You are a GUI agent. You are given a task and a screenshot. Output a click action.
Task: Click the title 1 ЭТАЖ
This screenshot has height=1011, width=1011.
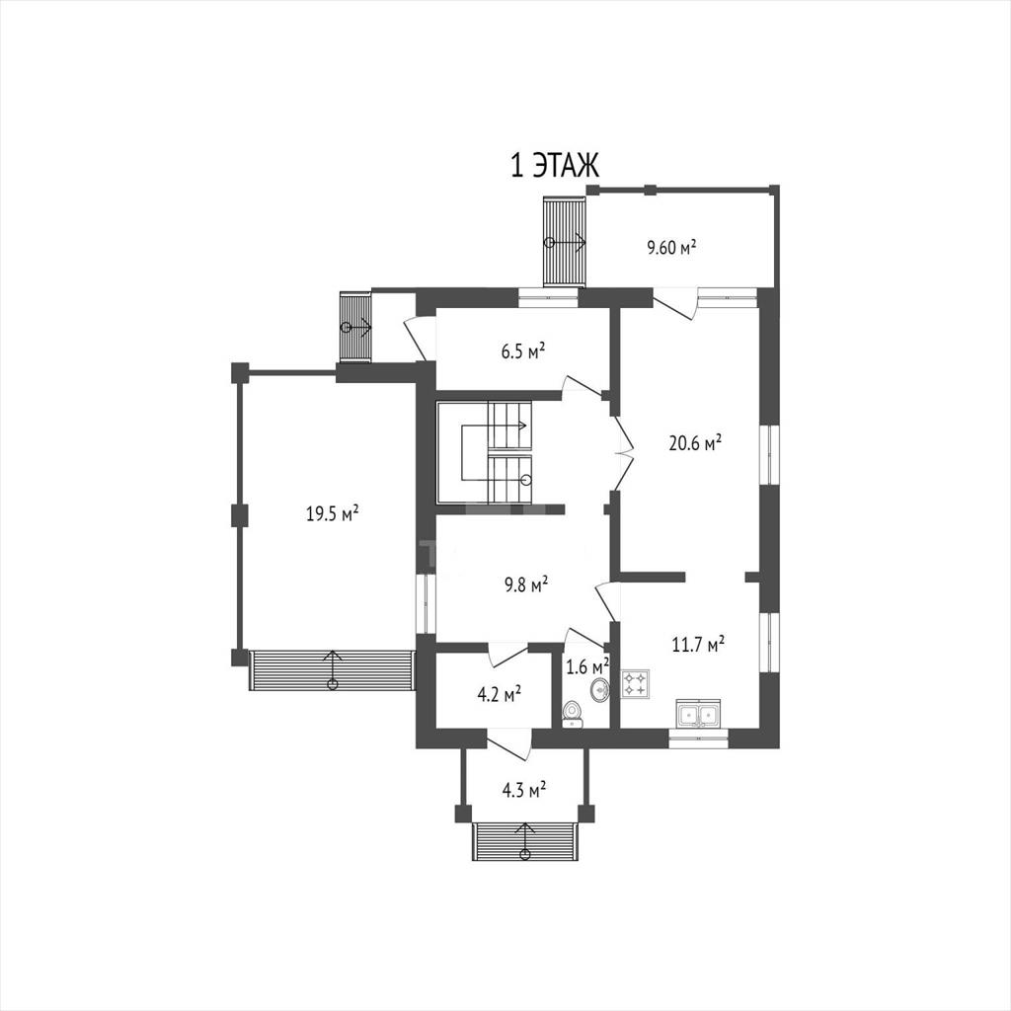pyautogui.click(x=555, y=165)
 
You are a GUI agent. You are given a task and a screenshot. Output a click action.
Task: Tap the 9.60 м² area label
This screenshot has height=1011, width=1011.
pyautogui.click(x=671, y=248)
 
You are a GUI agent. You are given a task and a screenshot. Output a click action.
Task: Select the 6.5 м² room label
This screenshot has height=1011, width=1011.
pyautogui.click(x=523, y=351)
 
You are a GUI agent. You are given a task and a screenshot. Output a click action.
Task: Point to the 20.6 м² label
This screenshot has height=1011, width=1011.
pyautogui.click(x=695, y=443)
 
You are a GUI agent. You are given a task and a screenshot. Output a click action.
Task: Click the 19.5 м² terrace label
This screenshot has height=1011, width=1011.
pyautogui.click(x=332, y=513)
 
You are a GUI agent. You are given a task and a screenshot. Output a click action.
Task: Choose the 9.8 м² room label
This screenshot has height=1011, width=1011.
pyautogui.click(x=525, y=584)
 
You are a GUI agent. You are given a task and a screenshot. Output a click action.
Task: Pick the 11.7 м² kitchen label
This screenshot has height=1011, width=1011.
pyautogui.click(x=698, y=644)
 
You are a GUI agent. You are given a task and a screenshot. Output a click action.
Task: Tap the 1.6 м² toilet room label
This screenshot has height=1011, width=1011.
pyautogui.click(x=587, y=666)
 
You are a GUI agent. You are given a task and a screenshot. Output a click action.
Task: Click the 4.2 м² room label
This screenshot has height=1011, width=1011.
pyautogui.click(x=499, y=694)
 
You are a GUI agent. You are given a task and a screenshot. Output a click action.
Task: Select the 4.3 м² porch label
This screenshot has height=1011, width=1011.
pyautogui.click(x=524, y=790)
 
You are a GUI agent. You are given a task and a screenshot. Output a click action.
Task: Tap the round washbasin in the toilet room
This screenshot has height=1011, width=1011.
pyautogui.click(x=599, y=690)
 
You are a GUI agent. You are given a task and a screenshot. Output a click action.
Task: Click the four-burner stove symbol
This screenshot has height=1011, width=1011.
pyautogui.click(x=635, y=684)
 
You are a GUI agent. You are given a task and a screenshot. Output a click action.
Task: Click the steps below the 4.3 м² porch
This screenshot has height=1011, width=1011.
pyautogui.click(x=525, y=841)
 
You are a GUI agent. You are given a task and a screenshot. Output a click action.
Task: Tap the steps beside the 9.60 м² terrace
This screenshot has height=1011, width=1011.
pyautogui.click(x=564, y=242)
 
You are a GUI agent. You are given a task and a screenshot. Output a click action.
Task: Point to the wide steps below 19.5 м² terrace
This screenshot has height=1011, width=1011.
pyautogui.click(x=332, y=670)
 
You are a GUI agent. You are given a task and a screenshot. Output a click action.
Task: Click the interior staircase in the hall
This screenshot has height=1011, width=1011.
pyautogui.click(x=485, y=452)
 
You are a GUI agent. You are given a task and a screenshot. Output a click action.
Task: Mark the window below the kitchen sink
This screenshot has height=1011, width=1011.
pyautogui.click(x=698, y=739)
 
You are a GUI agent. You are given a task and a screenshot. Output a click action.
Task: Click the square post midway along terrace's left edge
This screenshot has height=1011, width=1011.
pyautogui.click(x=239, y=514)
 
